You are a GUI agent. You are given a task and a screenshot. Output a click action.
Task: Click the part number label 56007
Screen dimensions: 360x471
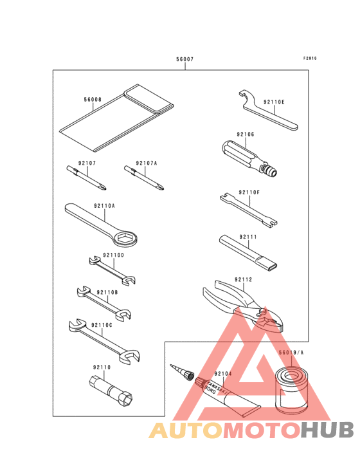(184, 59)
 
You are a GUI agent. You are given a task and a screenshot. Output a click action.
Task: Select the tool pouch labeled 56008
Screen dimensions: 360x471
(116, 118)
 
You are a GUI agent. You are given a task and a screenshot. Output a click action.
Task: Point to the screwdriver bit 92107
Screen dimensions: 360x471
(86, 178)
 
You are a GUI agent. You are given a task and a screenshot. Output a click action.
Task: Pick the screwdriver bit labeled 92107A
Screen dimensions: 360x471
(144, 178)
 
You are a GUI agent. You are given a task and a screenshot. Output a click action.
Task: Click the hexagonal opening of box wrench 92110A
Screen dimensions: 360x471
(126, 238)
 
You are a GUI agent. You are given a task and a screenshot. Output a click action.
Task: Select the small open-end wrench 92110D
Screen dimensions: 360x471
(113, 270)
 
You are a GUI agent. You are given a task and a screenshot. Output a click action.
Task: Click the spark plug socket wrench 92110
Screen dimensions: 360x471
(111, 391)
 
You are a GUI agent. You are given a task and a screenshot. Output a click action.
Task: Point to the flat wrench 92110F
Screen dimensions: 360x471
(248, 210)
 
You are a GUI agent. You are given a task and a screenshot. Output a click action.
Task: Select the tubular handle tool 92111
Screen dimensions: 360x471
(248, 252)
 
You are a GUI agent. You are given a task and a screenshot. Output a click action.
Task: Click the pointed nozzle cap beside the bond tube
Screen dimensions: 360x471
(182, 372)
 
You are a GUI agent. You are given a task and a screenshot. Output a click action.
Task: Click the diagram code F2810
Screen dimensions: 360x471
(310, 59)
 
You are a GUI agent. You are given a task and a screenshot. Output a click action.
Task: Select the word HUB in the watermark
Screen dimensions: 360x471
(328, 430)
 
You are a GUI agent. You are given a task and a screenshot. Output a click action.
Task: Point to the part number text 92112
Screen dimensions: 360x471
(243, 280)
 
